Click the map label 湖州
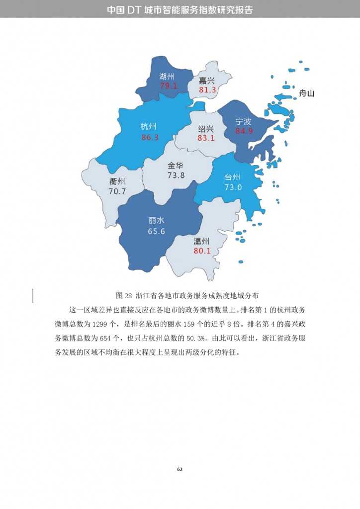pos(167,77)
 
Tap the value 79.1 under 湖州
pos(168,86)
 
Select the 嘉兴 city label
pos(207,81)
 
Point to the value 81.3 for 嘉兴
pos(207,90)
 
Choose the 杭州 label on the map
pos(149,127)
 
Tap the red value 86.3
pos(150,137)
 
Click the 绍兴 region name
pos(206,128)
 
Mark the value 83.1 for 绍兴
pos(206,138)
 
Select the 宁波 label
pos(244,121)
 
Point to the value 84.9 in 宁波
pos(244,131)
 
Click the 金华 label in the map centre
pos(176,166)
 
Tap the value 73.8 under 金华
pos(176,175)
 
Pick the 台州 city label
pos(233,177)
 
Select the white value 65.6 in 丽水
pos(156,231)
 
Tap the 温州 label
pos(202,241)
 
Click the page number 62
pos(180,469)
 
